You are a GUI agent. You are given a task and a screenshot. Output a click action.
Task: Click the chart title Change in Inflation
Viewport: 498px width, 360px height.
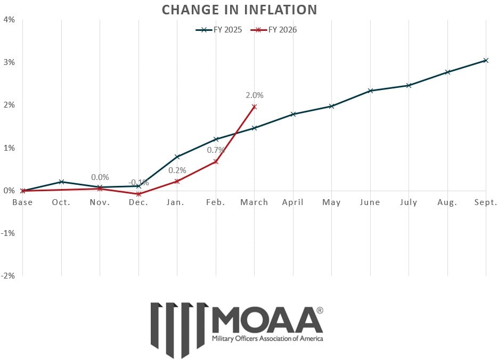(239, 10)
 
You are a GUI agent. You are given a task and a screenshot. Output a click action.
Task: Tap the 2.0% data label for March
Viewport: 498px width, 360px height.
(255, 95)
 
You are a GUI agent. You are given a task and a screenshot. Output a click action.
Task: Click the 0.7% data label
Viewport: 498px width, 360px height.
(216, 150)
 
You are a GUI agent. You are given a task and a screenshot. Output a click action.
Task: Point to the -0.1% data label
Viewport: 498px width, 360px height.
(139, 183)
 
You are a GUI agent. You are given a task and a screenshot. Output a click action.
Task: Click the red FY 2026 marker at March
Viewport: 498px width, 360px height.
(254, 107)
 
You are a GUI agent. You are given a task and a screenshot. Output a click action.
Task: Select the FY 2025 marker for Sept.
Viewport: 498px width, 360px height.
(486, 60)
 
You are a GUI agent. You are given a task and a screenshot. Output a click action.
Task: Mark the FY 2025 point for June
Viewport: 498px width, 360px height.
(370, 91)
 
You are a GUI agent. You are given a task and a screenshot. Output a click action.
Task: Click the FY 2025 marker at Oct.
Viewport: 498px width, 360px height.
(62, 182)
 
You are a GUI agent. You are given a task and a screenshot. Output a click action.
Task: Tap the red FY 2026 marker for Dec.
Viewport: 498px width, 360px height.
(139, 194)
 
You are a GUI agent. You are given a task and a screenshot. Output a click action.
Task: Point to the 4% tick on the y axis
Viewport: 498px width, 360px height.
(9, 20)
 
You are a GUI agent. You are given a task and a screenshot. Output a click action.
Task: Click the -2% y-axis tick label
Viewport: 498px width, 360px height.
(8, 275)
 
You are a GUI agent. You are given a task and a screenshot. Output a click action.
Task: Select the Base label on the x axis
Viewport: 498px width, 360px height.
(22, 202)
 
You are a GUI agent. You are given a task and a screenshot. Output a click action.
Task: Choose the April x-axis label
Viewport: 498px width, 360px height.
(293, 202)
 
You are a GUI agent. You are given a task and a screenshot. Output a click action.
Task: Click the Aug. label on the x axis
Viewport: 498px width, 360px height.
(447, 202)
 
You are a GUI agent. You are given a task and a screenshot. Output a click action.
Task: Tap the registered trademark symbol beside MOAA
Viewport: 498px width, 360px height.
(320, 310)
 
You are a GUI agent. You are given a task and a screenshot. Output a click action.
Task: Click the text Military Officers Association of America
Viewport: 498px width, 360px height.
(267, 338)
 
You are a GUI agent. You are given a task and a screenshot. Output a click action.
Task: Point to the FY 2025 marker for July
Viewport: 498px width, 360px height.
(409, 85)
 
